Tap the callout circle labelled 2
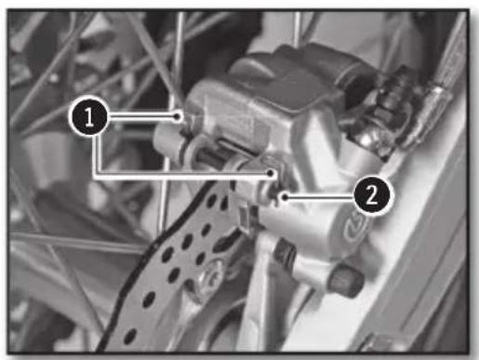point(372,196)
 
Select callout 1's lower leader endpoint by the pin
point(271,173)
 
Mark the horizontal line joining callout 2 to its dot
point(326,197)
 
